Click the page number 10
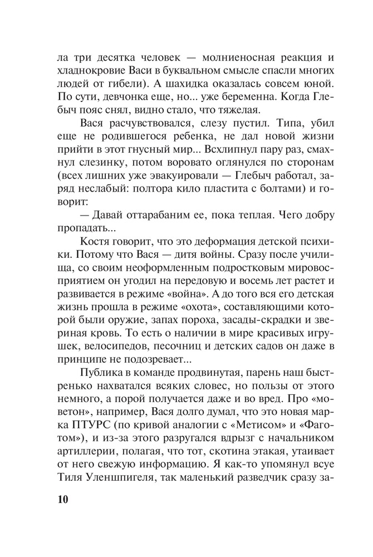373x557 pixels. pos(61,498)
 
